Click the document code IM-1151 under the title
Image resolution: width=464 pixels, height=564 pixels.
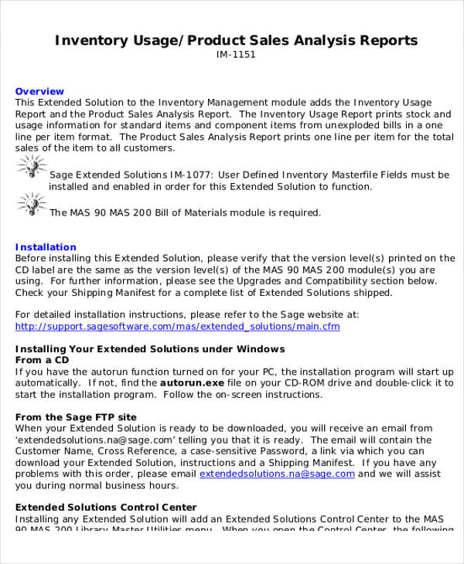point(236,55)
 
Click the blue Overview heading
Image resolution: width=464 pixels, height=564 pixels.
point(38,91)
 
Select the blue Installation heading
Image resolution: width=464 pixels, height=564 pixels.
point(46,247)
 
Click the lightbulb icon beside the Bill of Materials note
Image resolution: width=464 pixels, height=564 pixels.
point(30,205)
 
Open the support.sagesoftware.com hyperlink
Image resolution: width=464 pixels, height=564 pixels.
point(177,327)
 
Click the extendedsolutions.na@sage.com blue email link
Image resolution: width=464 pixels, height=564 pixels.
point(277,474)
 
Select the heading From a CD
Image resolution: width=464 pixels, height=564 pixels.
point(43,360)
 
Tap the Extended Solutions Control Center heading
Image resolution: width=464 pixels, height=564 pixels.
point(106,507)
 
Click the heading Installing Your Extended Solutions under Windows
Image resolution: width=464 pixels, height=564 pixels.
point(150,349)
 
